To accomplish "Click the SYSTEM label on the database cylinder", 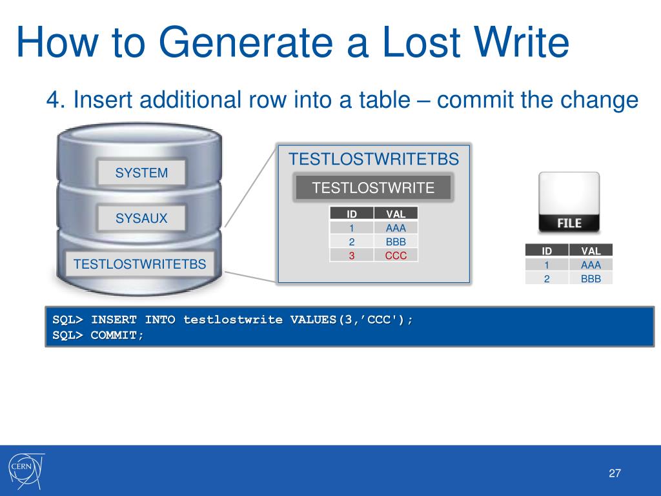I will [141, 173].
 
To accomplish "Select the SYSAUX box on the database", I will [141, 218].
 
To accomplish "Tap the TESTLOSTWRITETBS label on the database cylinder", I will [140, 263].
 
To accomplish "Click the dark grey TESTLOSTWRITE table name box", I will [373, 188].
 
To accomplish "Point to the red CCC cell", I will [396, 255].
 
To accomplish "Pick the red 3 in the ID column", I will [352, 255].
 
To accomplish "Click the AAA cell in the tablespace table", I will [396, 227].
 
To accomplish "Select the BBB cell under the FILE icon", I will [590, 279].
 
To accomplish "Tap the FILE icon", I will [569, 202].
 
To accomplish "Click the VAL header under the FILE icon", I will [590, 251].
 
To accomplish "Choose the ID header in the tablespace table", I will [352, 214].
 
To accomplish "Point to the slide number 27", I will [615, 474].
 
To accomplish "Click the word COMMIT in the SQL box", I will [117, 335].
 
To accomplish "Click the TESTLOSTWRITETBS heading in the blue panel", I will [374, 159].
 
